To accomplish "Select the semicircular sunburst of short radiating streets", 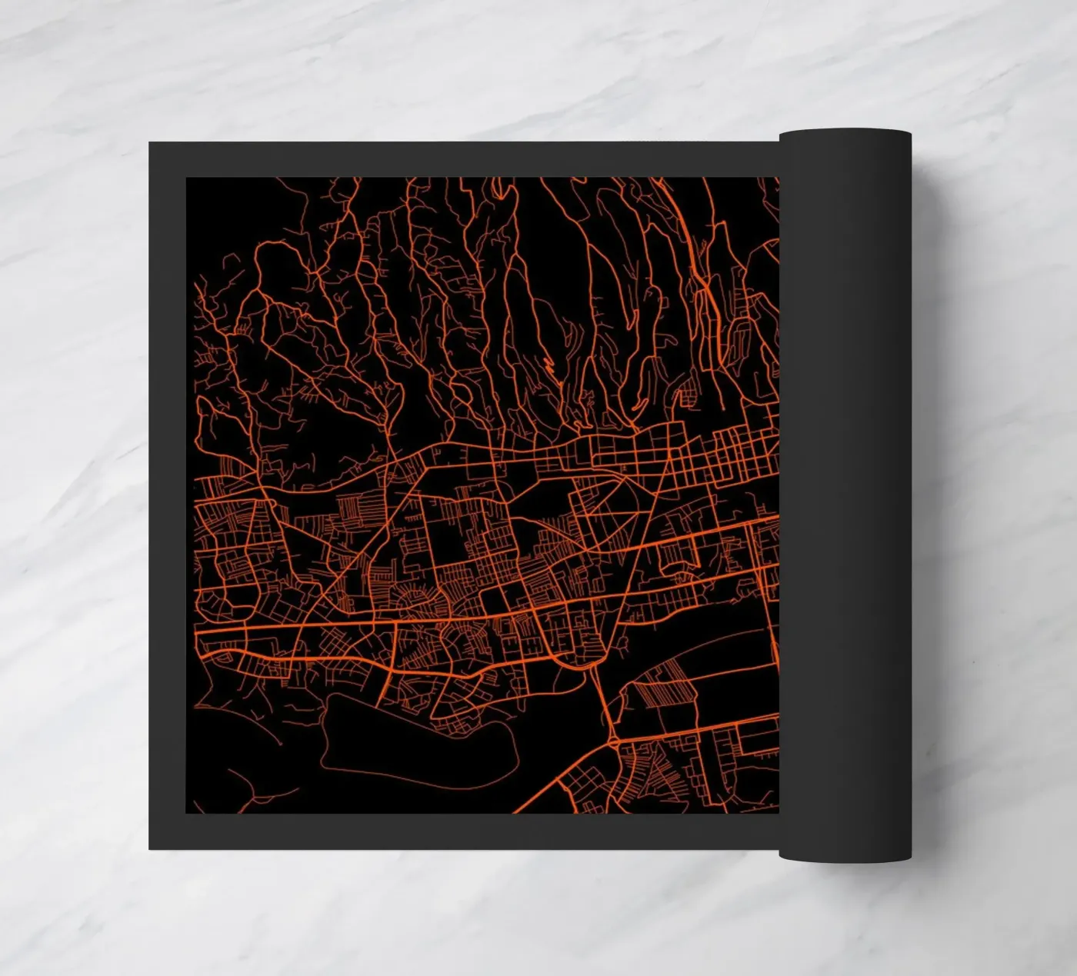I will pyautogui.click(x=415, y=600).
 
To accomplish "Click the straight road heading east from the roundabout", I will pyautogui.click(x=692, y=731).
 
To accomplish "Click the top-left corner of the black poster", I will pyautogui.click(x=150, y=142).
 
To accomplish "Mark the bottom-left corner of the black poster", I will pyautogui.click(x=150, y=848).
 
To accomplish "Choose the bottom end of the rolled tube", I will pyautogui.click(x=845, y=857).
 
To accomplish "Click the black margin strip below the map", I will pyautogui.click(x=462, y=831).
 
